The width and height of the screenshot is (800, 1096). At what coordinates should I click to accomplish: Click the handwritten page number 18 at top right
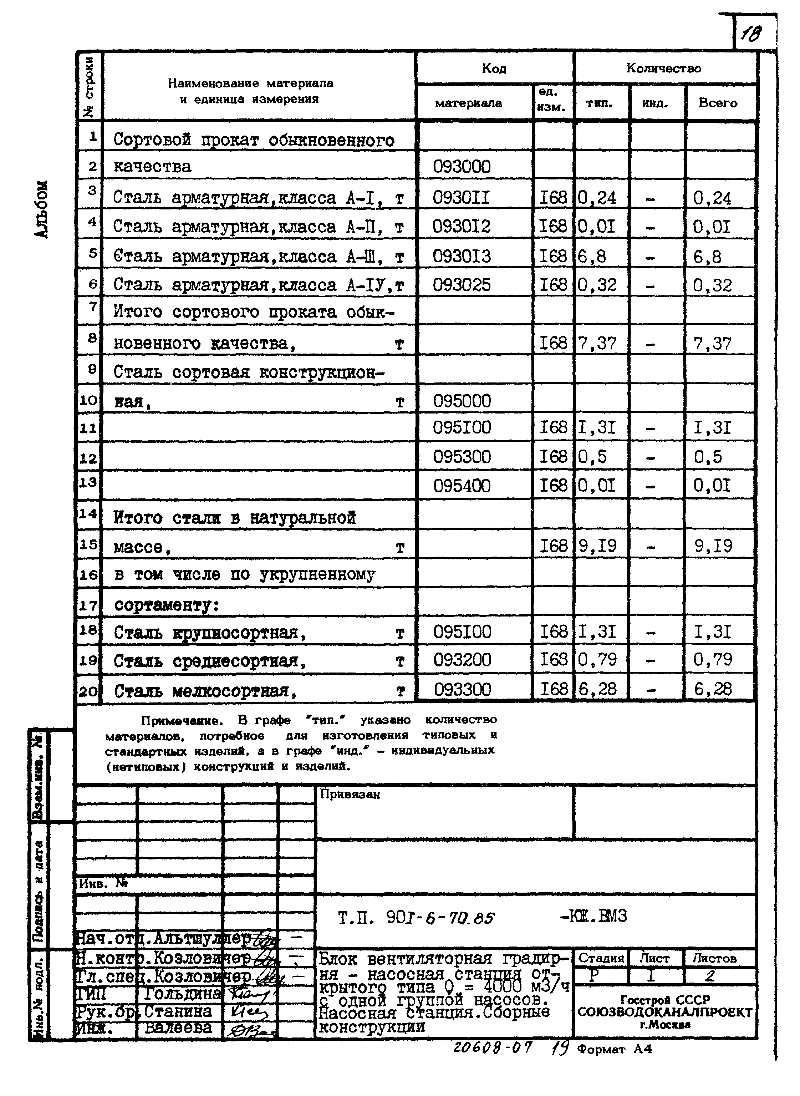click(751, 34)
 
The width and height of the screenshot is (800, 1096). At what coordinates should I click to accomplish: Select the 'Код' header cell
click(494, 68)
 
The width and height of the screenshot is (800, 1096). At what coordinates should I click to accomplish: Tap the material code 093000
click(462, 167)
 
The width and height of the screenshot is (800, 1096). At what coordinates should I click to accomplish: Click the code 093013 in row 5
click(462, 256)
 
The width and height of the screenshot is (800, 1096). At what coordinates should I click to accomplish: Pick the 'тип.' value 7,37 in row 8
click(597, 343)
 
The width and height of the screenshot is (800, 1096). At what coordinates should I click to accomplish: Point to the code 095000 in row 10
click(462, 401)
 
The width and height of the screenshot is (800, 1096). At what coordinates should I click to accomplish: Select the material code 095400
click(462, 486)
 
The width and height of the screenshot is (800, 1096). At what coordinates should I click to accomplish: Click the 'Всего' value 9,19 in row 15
click(713, 546)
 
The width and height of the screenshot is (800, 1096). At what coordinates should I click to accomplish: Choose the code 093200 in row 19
click(462, 660)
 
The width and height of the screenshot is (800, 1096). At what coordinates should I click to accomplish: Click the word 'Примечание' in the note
click(182, 721)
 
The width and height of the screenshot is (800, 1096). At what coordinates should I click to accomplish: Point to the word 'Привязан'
click(350, 794)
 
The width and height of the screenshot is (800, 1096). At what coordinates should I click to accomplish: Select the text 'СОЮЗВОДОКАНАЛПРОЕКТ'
click(664, 1012)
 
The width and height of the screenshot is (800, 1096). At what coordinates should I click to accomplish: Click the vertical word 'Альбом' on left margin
click(42, 209)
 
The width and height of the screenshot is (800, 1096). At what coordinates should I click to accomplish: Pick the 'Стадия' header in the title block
click(601, 958)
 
